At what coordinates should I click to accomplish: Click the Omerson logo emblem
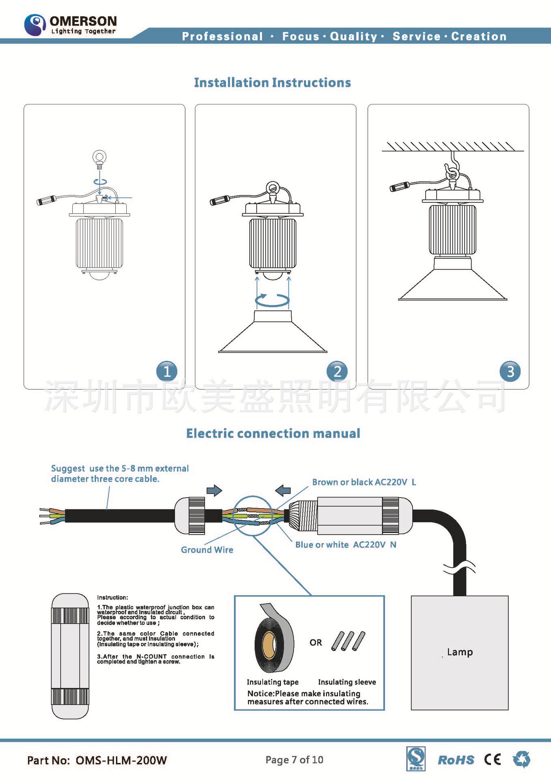point(35,24)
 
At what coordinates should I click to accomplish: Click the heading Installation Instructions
point(272,83)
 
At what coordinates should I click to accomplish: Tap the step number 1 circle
point(166,371)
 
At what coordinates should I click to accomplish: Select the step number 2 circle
point(337,371)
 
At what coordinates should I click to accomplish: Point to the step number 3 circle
point(510,371)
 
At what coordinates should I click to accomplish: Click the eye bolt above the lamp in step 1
point(99,159)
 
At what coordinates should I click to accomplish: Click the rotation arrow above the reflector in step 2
point(272,300)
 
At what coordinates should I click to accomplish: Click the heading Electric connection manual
point(273,433)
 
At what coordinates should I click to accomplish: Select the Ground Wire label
point(207,550)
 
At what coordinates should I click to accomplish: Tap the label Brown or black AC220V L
point(364,482)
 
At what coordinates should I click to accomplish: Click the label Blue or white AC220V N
point(346,545)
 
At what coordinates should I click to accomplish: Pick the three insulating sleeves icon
point(348,641)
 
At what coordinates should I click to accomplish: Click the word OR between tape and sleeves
point(315,643)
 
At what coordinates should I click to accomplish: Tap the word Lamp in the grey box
point(460,652)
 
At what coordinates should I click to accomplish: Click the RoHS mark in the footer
point(456,760)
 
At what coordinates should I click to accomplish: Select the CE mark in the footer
point(493,759)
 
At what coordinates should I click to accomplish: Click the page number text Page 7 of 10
point(294,760)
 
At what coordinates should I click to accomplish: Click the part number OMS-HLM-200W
point(121,760)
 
